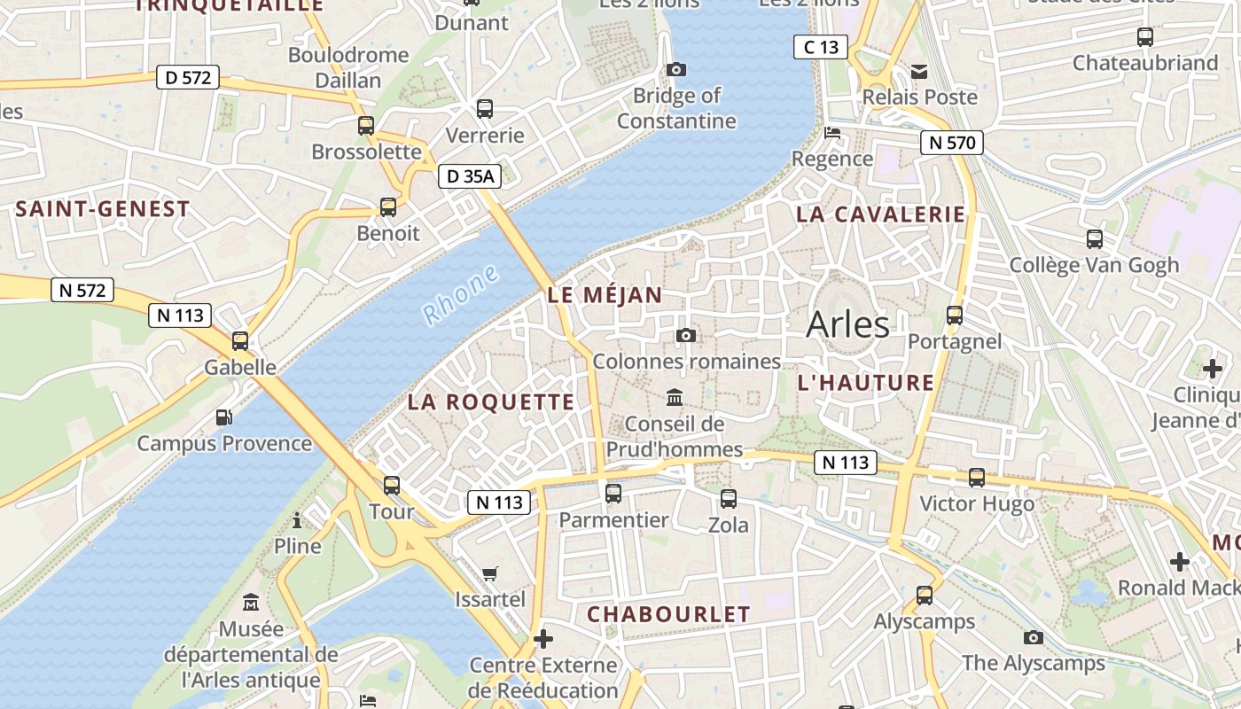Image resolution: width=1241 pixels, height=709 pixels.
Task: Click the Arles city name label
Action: tap(847, 324)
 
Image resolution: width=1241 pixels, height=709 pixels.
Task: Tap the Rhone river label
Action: tap(460, 294)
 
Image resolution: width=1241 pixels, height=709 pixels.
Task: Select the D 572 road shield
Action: tap(188, 77)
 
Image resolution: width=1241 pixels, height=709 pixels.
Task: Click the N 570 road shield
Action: tap(952, 142)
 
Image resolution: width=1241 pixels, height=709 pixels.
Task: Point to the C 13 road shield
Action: tap(821, 47)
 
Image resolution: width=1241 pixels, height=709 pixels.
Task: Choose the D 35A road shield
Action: tap(469, 176)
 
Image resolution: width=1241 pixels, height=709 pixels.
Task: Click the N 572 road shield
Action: tap(82, 289)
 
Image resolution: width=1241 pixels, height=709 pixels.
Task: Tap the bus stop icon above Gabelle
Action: tap(240, 341)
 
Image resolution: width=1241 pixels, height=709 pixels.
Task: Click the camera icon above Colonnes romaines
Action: tap(685, 335)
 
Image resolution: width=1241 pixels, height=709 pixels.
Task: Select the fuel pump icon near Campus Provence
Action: tap(224, 417)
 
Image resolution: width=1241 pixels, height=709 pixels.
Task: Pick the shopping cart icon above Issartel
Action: tap(489, 573)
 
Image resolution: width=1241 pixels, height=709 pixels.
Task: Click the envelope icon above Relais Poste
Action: tap(919, 71)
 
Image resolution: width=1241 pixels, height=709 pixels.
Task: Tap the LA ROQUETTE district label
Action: tap(491, 401)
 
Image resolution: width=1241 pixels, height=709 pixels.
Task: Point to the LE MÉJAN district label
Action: tap(605, 295)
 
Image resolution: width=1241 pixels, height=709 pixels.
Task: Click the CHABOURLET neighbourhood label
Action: tap(668, 613)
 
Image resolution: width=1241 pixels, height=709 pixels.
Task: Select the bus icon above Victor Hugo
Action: tap(977, 478)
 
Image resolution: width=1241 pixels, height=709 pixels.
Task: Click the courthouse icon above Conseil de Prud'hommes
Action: tap(675, 397)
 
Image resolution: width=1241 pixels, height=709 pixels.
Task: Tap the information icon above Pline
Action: tap(297, 519)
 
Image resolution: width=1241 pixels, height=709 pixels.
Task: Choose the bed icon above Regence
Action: tap(832, 133)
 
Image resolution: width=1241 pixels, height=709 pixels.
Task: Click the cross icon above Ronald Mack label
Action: tap(1179, 561)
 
